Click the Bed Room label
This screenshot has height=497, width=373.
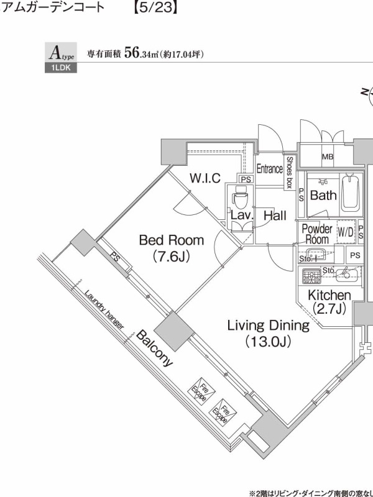click(x=172, y=240)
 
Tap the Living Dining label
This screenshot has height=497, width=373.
click(x=269, y=326)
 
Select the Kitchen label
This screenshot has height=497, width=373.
click(x=329, y=296)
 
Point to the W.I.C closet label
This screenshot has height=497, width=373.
click(x=205, y=178)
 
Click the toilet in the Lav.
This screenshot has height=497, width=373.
click(x=240, y=195)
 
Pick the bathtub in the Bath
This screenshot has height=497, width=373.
click(x=350, y=193)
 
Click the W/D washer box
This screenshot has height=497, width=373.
click(x=346, y=232)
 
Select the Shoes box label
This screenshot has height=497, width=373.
click(x=289, y=173)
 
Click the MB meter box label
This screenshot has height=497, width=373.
click(x=328, y=157)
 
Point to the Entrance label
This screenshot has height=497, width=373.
click(x=270, y=168)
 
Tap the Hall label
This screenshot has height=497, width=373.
click(x=275, y=216)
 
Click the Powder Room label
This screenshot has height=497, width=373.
click(x=317, y=234)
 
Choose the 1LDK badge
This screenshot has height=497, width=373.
click(x=60, y=68)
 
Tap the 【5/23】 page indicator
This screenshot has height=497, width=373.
click(x=154, y=7)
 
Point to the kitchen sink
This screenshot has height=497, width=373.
click(x=347, y=274)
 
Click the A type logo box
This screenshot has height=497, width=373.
click(x=60, y=53)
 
